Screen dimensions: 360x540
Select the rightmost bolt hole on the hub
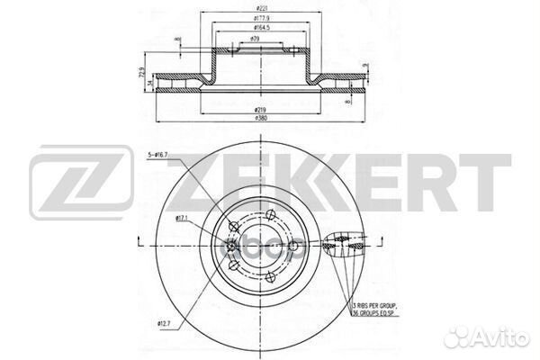(x=293, y=245)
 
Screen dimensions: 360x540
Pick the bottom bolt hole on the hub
(x=270, y=276)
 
